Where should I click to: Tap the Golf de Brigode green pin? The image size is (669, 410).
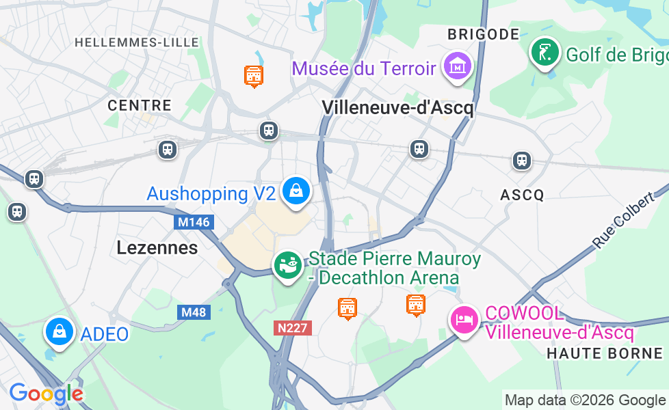click(x=545, y=53)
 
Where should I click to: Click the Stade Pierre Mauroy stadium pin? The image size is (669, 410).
click(x=288, y=265)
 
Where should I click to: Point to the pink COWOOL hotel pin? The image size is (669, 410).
click(x=464, y=319)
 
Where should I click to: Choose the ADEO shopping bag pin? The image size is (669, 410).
click(x=60, y=333)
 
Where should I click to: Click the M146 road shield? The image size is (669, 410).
click(x=194, y=222)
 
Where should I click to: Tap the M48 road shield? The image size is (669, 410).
click(x=195, y=312)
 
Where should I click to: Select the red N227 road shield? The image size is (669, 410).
click(x=293, y=328)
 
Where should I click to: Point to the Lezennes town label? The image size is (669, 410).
click(x=157, y=247)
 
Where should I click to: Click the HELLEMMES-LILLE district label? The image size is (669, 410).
click(x=137, y=42)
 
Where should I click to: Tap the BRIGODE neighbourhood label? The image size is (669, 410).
click(x=483, y=34)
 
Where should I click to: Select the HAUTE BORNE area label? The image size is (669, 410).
click(x=605, y=353)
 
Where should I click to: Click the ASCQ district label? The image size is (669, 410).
click(x=522, y=195)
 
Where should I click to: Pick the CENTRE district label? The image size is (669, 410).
click(x=140, y=105)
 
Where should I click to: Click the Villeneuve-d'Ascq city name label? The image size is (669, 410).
click(x=397, y=107)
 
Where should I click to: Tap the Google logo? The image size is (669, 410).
click(x=46, y=394)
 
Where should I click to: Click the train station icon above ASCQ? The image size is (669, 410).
click(x=522, y=161)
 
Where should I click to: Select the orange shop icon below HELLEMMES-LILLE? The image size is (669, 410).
click(x=254, y=75)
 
